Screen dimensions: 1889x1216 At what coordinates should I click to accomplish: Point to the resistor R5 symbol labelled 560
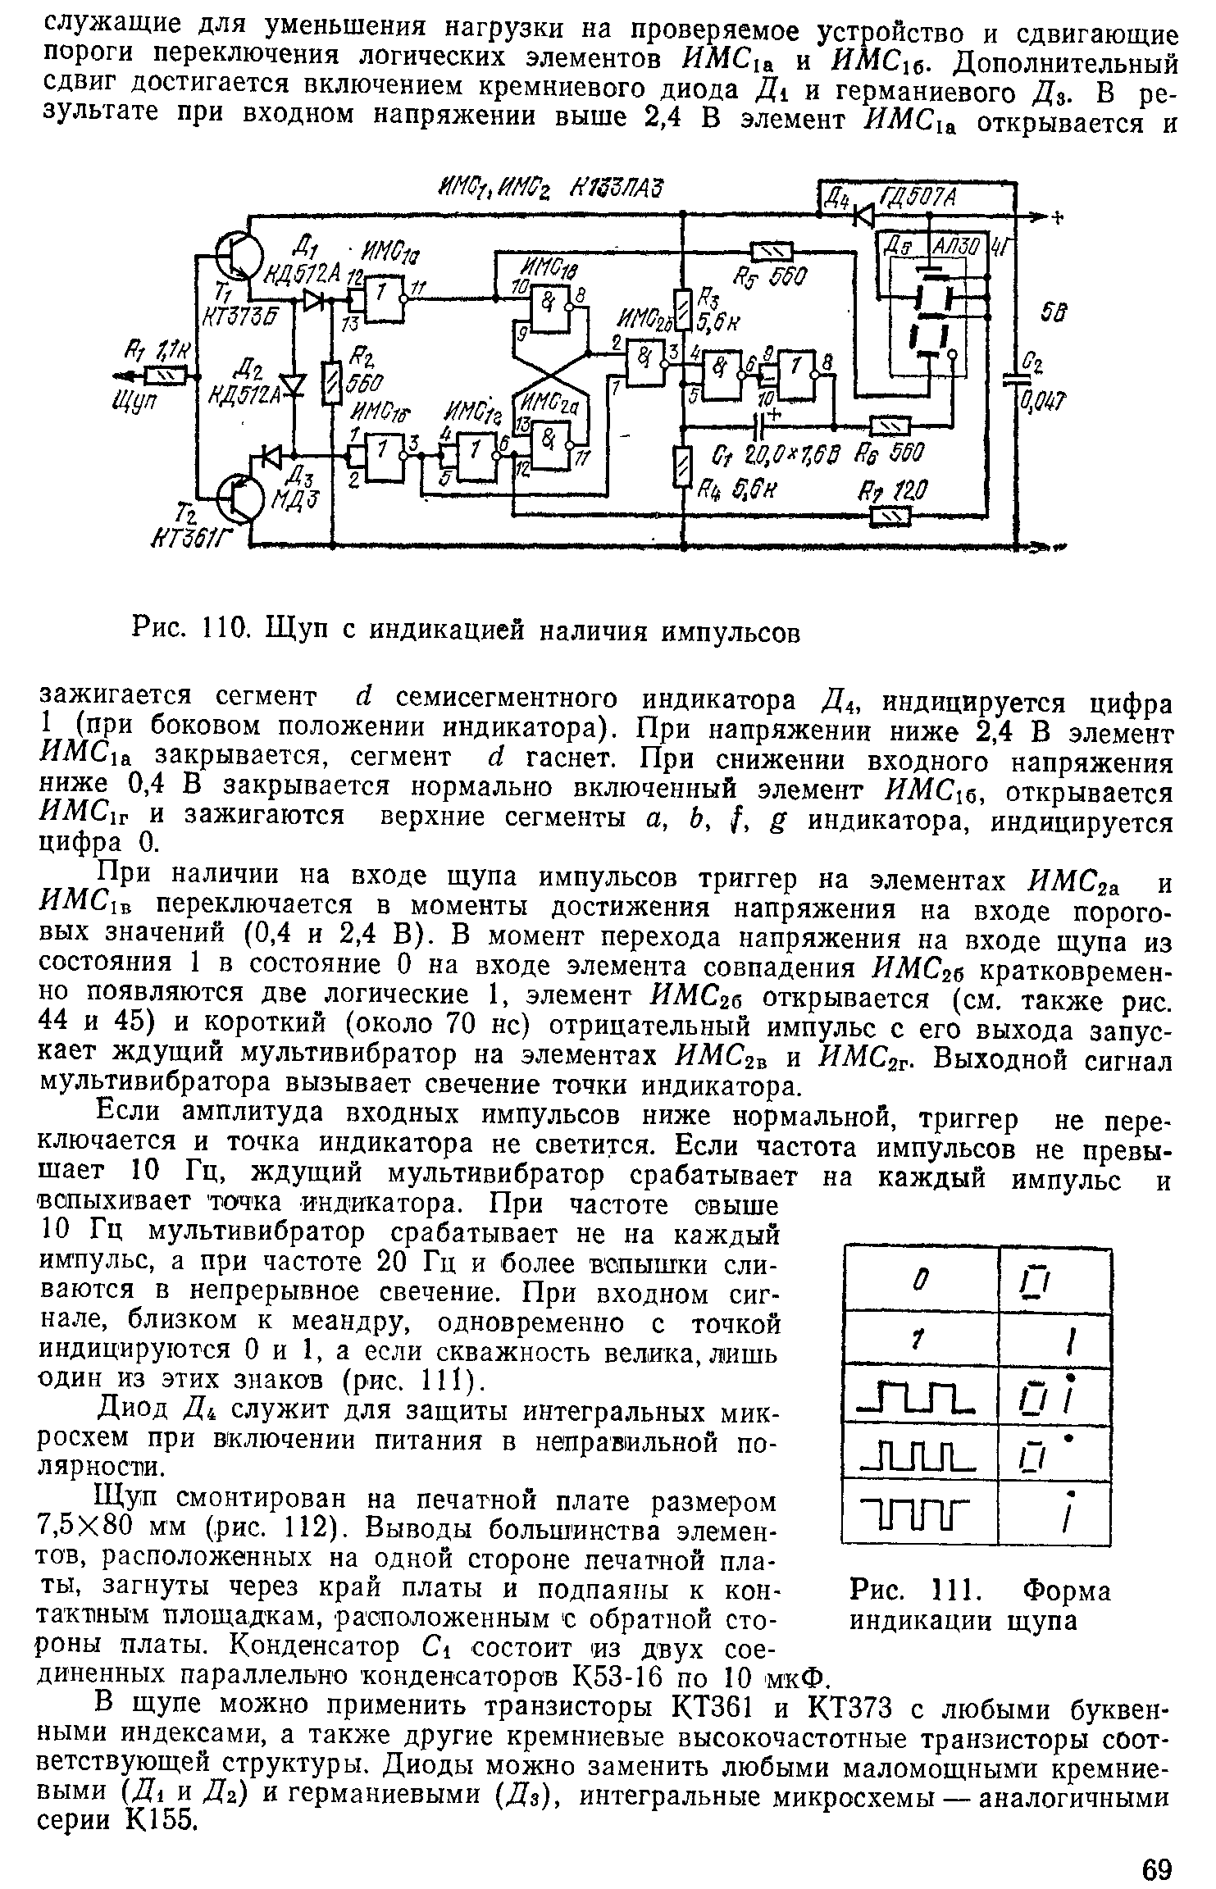772,251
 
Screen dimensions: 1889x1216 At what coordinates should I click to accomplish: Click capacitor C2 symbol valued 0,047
1017,377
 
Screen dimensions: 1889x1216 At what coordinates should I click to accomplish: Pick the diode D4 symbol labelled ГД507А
863,215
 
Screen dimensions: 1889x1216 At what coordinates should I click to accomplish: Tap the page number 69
1156,1842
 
